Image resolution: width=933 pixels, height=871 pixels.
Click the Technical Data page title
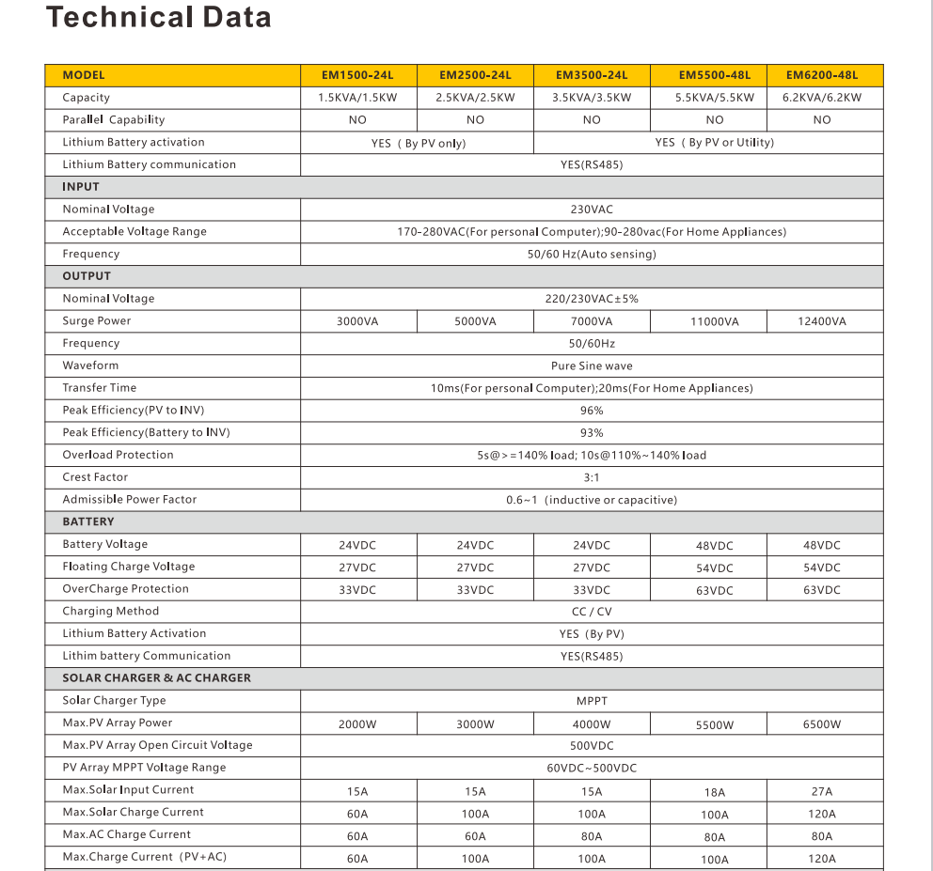158,17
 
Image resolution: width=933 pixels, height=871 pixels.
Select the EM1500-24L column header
357,75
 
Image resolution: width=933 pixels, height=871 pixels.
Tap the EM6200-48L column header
821,75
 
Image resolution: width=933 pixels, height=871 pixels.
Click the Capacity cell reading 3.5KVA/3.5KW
592,98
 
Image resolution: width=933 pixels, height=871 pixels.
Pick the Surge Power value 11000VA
714,321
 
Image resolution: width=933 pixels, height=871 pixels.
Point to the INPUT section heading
81,187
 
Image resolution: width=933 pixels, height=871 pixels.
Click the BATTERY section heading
88,521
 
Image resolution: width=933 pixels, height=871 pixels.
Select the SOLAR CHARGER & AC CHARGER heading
156,677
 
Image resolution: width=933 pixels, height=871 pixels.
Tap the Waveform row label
90,366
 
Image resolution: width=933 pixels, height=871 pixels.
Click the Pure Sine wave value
592,366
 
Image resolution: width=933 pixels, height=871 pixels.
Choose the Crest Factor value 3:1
592,477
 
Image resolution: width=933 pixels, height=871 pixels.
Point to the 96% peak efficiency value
592,411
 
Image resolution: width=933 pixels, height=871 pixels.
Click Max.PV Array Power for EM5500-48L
714,725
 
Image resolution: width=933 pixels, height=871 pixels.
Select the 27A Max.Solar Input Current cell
821,792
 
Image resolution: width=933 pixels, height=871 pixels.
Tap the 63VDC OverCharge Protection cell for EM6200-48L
821,591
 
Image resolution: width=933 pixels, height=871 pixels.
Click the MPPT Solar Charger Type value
592,701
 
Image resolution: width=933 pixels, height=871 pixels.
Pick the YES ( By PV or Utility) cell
714,143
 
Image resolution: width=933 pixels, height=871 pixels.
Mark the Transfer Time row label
99,388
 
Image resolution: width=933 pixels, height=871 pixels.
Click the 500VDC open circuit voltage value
592,746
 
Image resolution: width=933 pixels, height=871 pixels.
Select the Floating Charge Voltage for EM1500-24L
357,568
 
